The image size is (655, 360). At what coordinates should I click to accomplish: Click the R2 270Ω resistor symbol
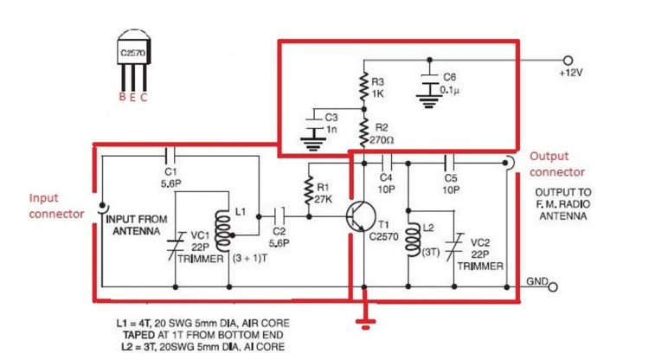click(364, 134)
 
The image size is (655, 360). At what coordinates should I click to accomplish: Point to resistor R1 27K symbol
click(306, 190)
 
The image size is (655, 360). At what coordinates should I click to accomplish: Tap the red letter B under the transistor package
click(122, 97)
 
